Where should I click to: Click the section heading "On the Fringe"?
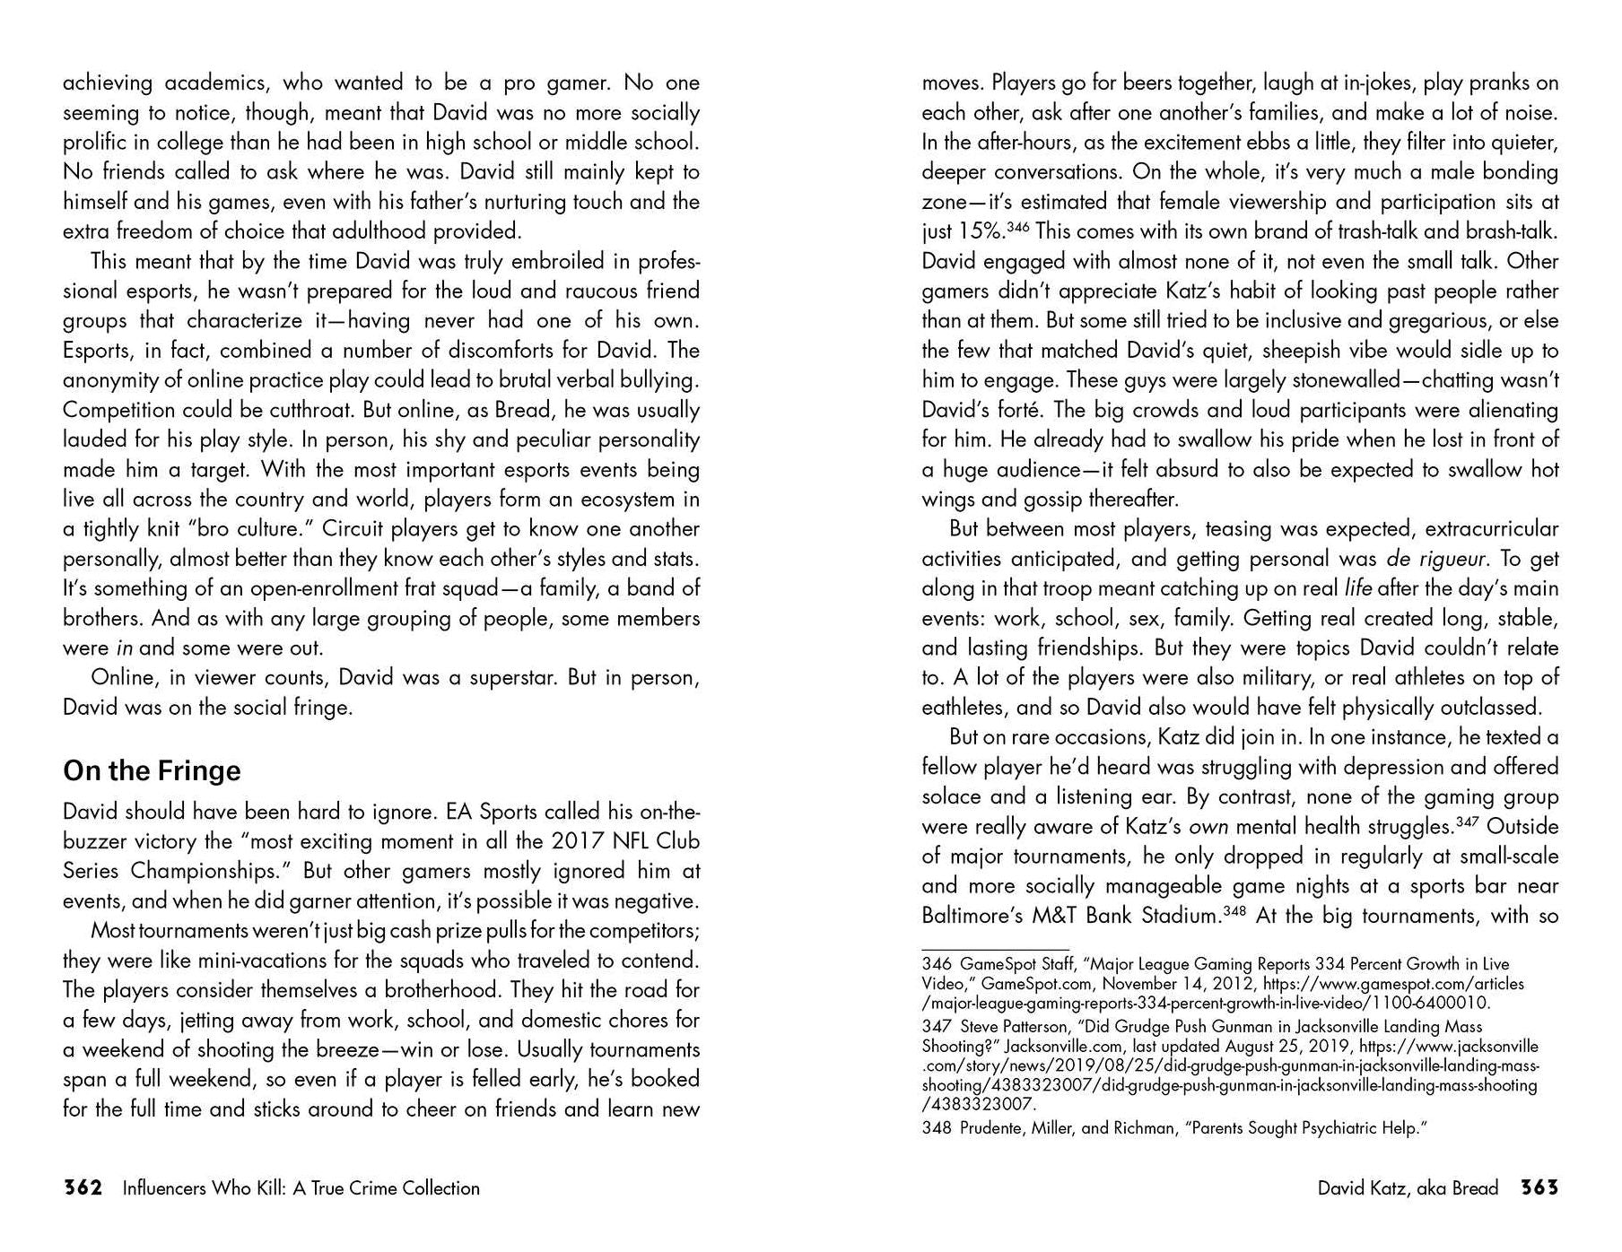[152, 771]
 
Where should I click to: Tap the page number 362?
[82, 1188]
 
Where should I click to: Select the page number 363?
[1539, 1188]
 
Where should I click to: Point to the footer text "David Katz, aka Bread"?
[1408, 1188]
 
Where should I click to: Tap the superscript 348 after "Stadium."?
[1235, 911]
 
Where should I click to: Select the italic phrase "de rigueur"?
[1435, 559]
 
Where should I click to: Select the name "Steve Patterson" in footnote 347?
[1016, 1026]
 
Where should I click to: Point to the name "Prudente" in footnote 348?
[990, 1128]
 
